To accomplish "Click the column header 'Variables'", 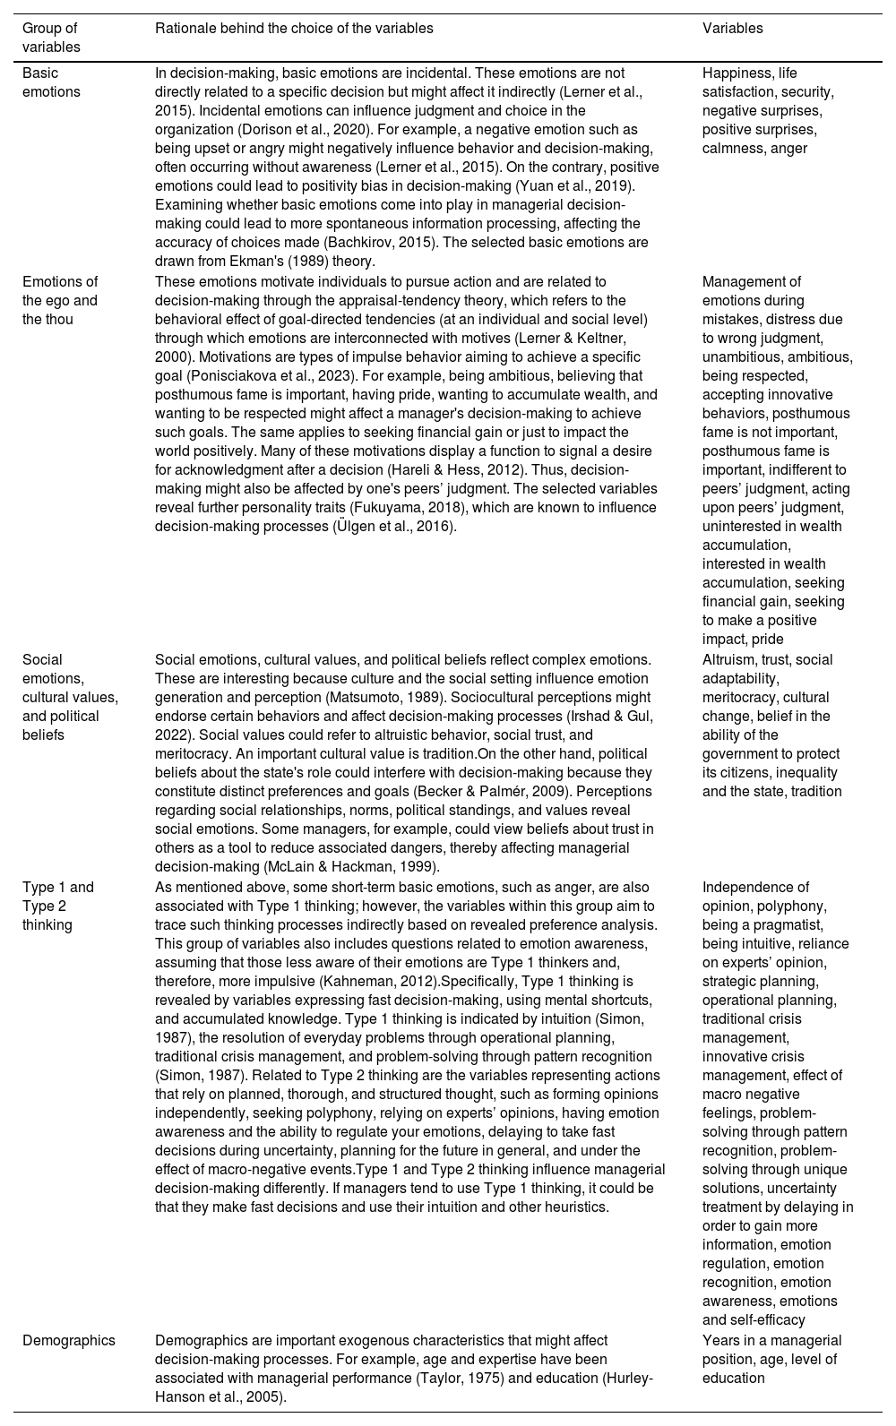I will pos(732,28).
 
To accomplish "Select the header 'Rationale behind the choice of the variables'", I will pos(294,28).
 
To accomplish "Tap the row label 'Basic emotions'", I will pos(51,82).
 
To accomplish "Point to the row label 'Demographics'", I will pos(69,1340).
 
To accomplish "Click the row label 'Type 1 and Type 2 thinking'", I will pos(58,906).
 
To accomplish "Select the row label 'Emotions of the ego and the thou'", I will pos(60,300).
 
